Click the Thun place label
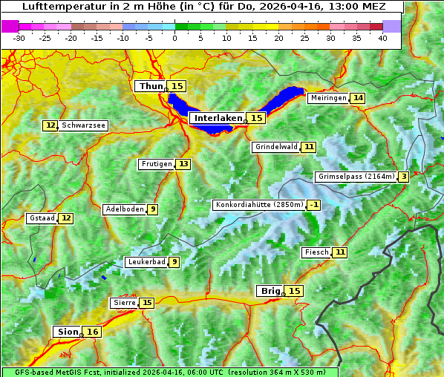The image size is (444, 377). click(150, 87)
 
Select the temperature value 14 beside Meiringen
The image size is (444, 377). click(358, 98)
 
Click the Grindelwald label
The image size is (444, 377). click(275, 147)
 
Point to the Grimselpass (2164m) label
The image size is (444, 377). click(355, 177)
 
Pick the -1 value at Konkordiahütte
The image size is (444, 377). click(314, 205)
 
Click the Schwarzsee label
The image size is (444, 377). click(83, 125)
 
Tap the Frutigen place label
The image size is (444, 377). click(156, 164)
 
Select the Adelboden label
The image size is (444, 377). click(124, 209)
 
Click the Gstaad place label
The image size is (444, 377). click(42, 218)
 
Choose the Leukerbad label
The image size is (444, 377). click(146, 262)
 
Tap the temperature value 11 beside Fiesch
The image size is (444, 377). click(340, 252)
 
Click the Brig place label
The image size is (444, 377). click(268, 291)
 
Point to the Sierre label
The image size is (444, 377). click(124, 303)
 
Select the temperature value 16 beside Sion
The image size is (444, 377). click(92, 332)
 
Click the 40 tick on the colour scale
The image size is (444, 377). click(382, 37)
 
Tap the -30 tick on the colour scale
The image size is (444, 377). click(19, 37)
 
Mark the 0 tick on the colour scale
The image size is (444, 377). click(174, 37)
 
